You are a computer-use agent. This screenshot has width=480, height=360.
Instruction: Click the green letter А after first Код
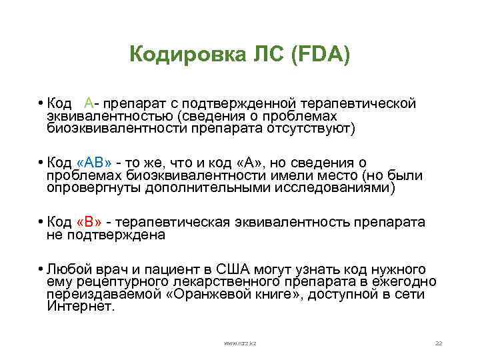[x=89, y=104]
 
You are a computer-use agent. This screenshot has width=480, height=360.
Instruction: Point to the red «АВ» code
[x=95, y=163]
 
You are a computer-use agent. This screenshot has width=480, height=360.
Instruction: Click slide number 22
[x=438, y=343]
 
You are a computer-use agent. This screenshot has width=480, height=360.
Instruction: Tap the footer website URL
[x=240, y=343]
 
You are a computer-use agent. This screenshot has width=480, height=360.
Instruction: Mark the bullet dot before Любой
[x=41, y=270]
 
